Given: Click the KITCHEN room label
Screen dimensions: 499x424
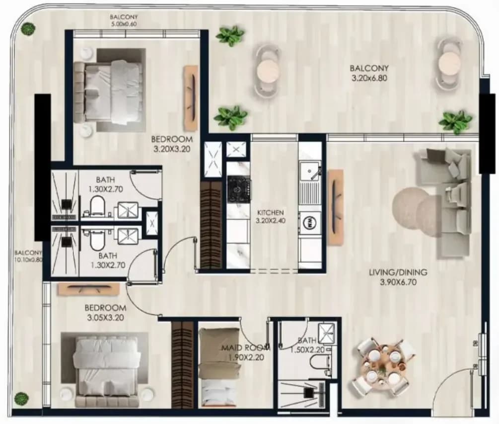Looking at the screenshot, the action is [270, 212].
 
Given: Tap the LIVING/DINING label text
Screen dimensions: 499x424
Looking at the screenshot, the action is [398, 272].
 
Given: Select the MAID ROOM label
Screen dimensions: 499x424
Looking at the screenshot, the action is [246, 347].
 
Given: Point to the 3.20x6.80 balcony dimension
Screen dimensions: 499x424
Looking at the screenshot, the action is [369, 78].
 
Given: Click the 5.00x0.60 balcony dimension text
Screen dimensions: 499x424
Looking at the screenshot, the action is [124, 23].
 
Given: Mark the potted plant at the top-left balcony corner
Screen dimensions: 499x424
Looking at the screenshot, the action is [28, 29].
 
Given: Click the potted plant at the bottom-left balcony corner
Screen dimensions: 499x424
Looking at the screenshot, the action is [21, 398].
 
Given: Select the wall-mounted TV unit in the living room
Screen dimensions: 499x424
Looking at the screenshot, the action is [336, 208].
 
